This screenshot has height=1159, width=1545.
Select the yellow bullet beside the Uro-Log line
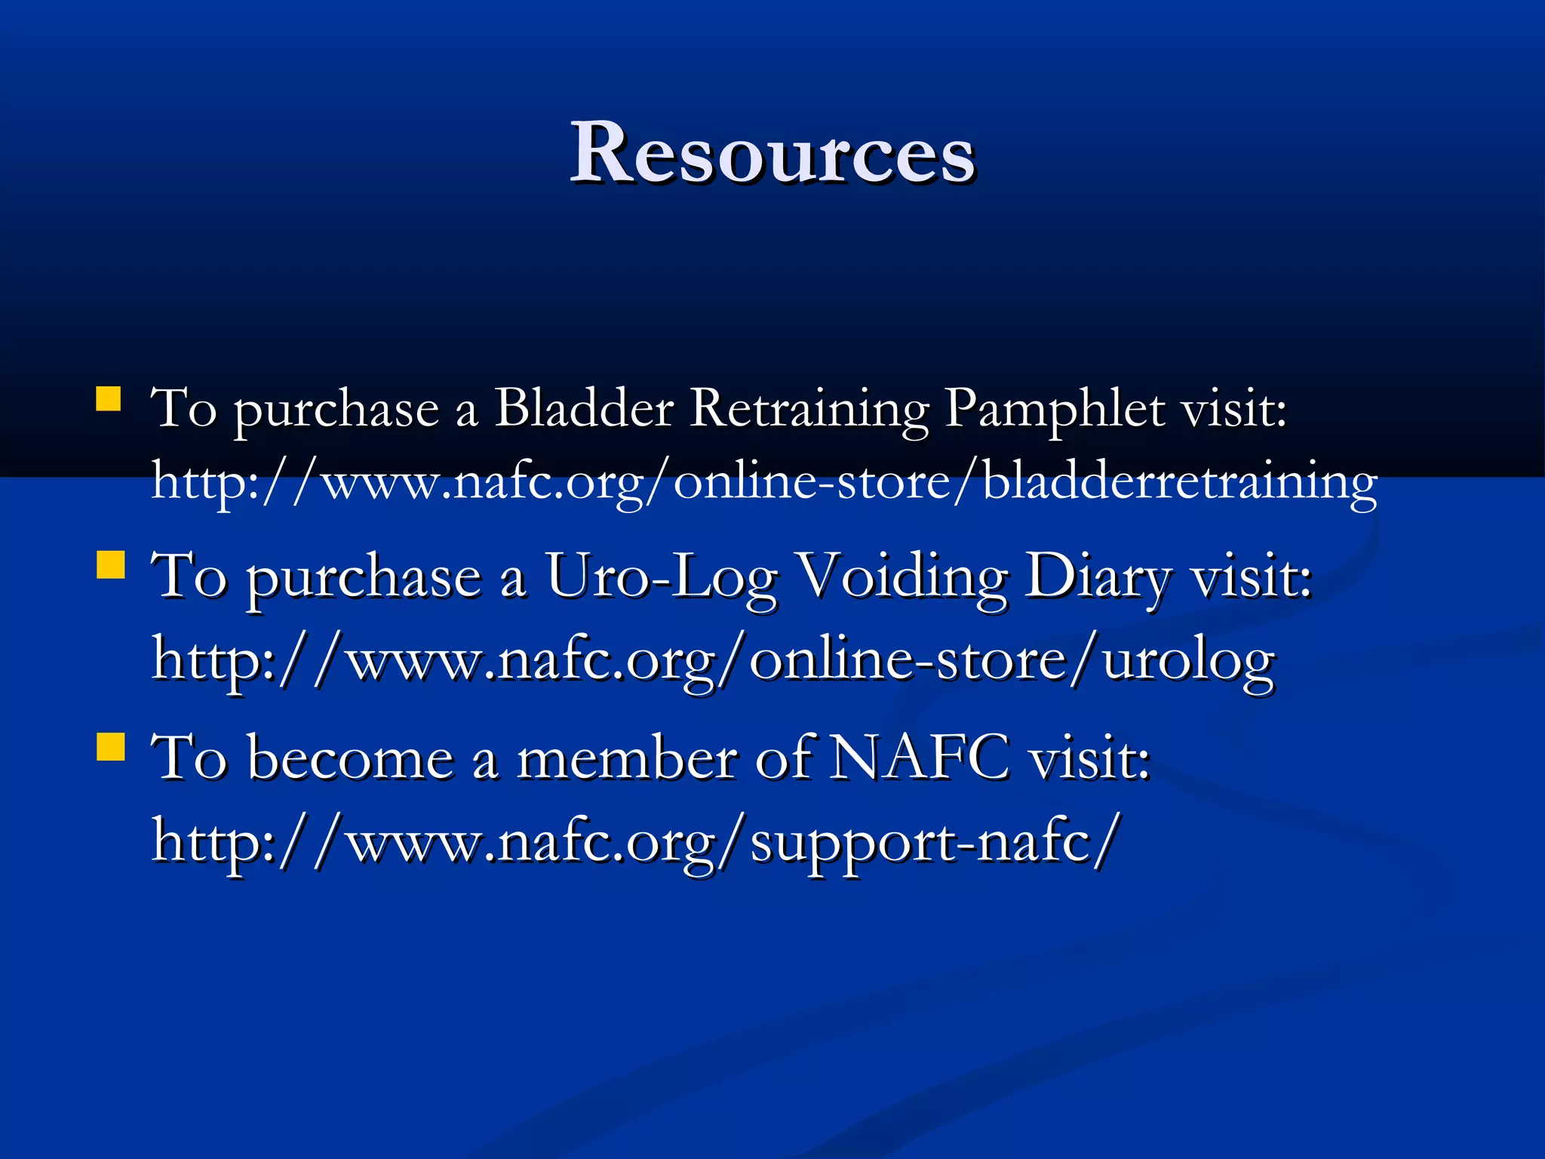click(111, 564)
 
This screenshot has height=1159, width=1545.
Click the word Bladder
click(583, 408)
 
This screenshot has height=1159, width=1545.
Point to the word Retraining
click(809, 408)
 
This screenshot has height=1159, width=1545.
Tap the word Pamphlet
click(1055, 408)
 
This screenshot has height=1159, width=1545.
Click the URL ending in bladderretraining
click(763, 481)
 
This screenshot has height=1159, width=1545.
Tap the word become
click(351, 758)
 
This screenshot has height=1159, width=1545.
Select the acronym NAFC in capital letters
click(919, 758)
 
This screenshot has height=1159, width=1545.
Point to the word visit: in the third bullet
click(1089, 758)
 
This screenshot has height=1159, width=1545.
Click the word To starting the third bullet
click(189, 758)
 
